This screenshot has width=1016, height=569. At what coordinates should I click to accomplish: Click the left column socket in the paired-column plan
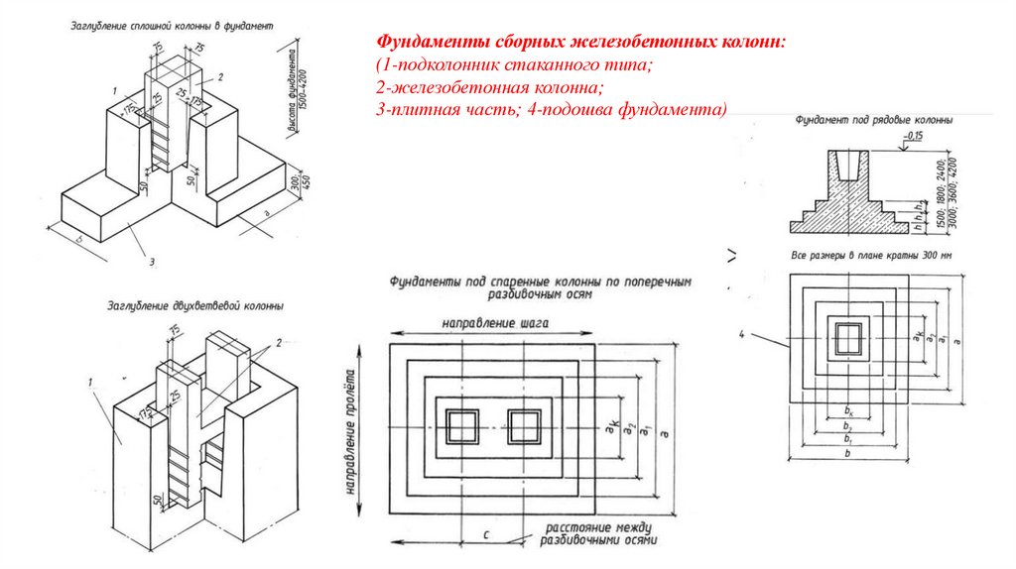(x=461, y=426)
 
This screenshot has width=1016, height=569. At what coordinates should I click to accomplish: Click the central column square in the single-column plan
(x=845, y=338)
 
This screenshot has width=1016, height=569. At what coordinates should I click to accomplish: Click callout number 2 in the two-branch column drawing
(x=280, y=342)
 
